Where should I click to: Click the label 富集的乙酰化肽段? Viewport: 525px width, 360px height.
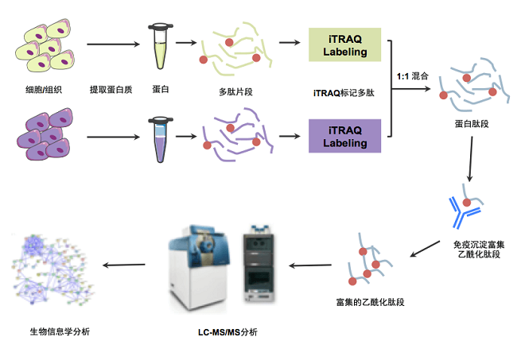[364, 303]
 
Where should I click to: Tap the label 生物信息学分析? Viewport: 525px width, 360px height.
[60, 331]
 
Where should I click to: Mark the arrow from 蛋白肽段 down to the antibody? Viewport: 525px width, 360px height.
[471, 165]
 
